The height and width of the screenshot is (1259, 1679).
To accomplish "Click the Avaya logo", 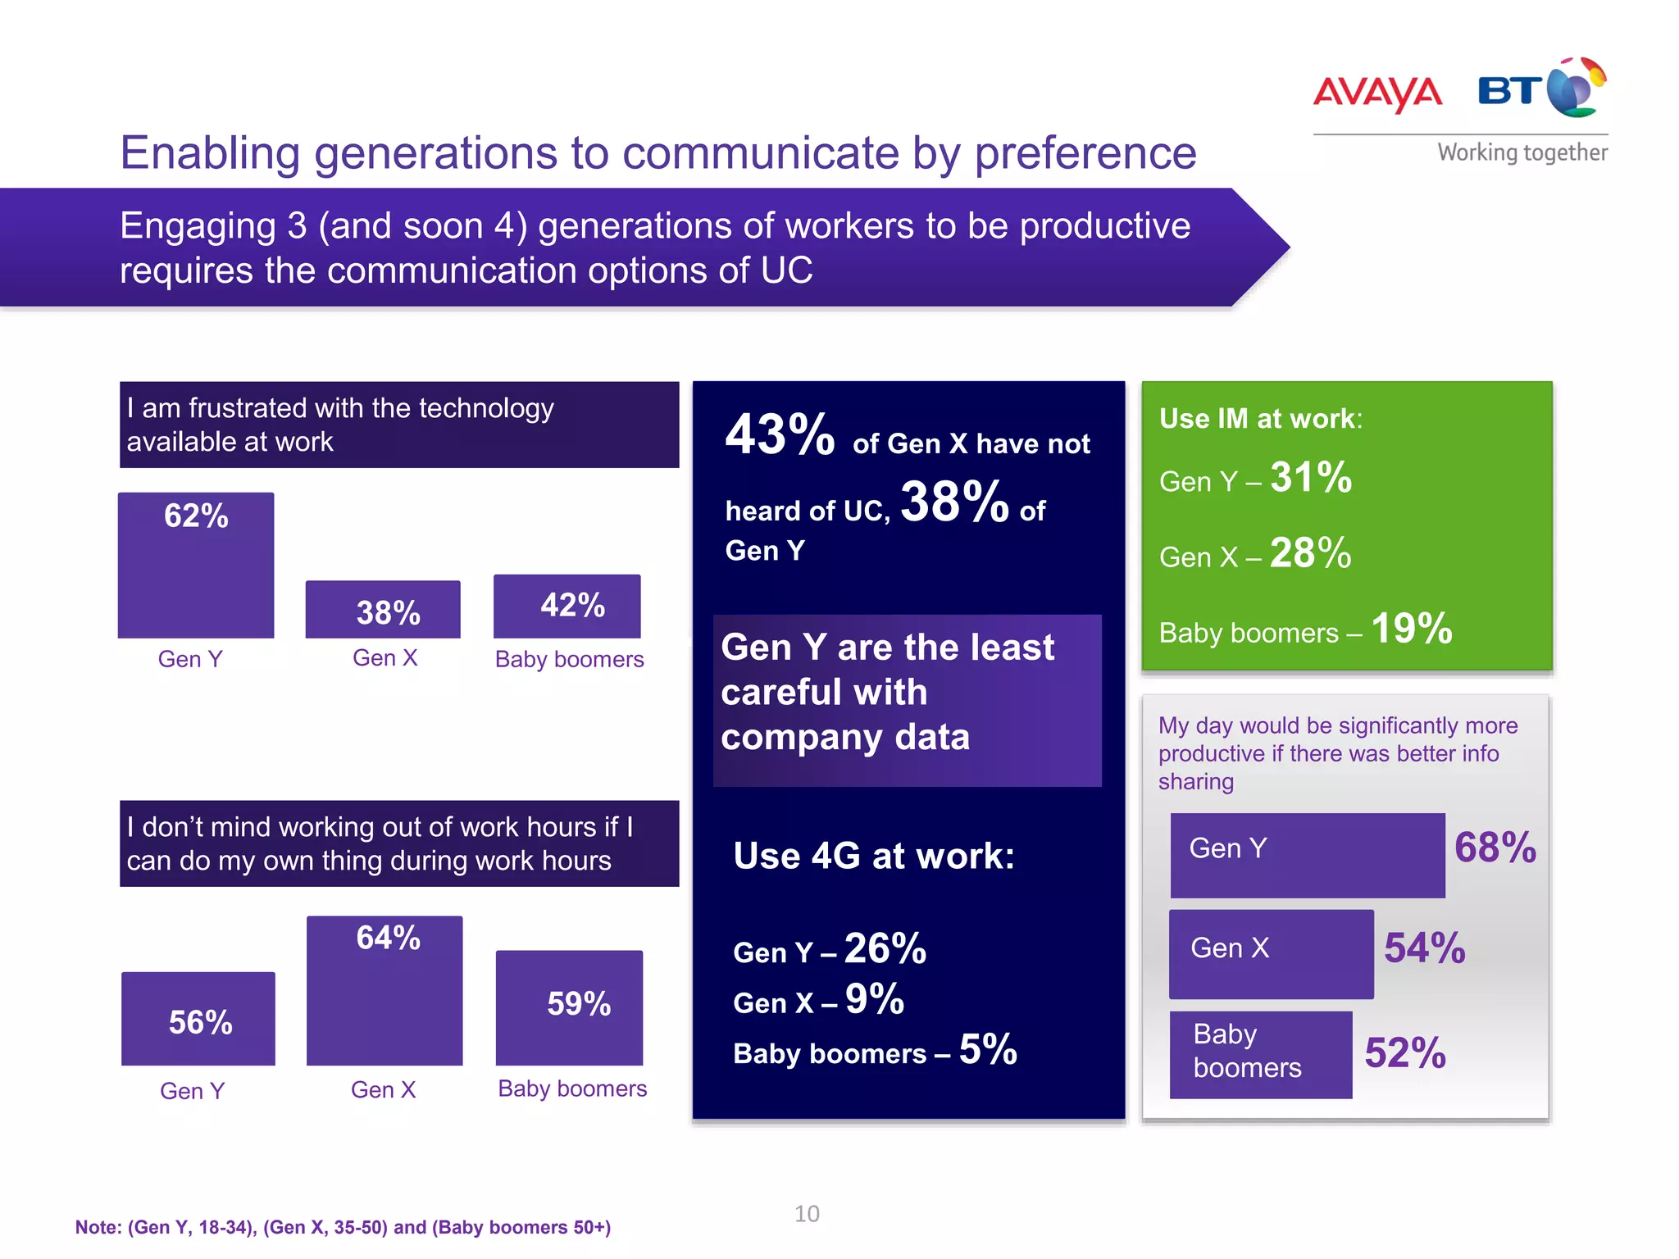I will [x=1377, y=93].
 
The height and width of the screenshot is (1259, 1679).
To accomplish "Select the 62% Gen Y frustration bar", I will [x=196, y=565].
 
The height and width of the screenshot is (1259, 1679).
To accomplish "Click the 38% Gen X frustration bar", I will [x=383, y=609].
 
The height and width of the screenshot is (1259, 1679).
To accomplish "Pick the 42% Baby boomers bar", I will [x=567, y=606].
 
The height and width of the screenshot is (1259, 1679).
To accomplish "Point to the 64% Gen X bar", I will [x=384, y=990].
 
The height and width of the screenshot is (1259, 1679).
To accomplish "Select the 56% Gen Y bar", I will [x=198, y=1018].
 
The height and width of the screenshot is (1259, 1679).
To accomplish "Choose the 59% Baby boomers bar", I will [x=570, y=1007].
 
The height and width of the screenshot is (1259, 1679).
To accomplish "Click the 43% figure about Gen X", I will [x=779, y=434].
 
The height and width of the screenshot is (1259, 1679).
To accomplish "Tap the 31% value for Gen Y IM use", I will [x=1311, y=477].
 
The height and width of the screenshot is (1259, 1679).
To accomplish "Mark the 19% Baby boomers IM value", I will [x=1411, y=629].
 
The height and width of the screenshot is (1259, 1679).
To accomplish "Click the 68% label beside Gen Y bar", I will [x=1495, y=848].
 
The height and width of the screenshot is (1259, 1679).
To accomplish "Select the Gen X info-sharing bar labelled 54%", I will [x=1271, y=953].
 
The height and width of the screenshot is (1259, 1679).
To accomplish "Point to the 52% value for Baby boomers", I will [x=1404, y=1053].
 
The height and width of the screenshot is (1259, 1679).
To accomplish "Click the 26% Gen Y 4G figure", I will [x=885, y=948].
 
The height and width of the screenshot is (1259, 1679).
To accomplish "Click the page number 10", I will [x=807, y=1214].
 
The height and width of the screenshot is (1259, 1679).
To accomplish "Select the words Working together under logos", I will [x=1522, y=152].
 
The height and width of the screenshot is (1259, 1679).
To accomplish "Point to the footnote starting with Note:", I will [x=343, y=1227].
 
